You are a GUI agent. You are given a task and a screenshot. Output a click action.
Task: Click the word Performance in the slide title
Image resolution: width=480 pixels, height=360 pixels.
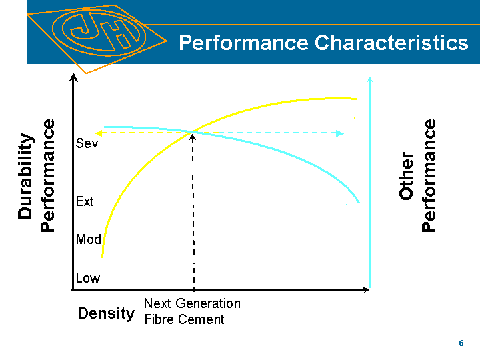click(244, 43)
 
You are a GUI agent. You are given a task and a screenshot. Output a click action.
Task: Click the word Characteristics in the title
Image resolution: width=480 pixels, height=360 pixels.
click(391, 43)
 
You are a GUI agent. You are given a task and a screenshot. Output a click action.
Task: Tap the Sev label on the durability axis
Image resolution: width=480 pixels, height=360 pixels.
click(87, 144)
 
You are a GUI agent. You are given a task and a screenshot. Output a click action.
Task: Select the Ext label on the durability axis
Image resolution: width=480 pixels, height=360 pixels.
click(85, 201)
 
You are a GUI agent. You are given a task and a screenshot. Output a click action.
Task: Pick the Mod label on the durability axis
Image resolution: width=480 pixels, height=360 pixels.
click(88, 239)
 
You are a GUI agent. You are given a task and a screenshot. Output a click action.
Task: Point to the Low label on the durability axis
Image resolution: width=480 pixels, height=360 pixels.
click(87, 278)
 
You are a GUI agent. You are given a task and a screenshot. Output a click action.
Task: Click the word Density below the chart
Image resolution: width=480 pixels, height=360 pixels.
click(106, 313)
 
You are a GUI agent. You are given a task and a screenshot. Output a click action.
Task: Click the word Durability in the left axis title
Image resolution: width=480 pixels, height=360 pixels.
click(25, 177)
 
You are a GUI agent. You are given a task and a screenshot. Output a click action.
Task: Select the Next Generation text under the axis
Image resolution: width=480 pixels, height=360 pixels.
click(192, 303)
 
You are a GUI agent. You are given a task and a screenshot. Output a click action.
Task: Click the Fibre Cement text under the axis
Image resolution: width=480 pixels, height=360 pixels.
click(184, 319)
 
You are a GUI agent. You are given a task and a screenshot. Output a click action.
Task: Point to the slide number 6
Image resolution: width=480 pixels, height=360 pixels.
click(461, 343)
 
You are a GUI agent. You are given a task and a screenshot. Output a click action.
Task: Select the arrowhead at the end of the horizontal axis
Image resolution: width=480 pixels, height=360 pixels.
click(365, 290)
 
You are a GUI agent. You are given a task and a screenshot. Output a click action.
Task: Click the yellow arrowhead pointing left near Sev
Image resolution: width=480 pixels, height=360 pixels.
click(95, 133)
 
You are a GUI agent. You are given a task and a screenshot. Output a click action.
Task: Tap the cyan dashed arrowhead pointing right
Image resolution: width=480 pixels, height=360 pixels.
click(340, 133)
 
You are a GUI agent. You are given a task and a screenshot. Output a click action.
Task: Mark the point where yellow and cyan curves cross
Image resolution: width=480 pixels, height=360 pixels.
click(193, 131)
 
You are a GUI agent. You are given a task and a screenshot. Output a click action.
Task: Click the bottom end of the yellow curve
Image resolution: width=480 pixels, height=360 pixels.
click(102, 256)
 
